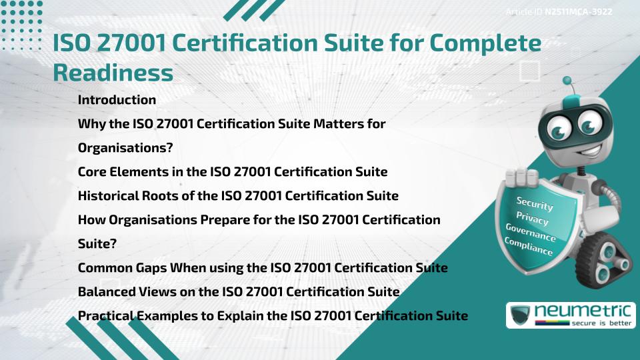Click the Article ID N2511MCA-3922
559,12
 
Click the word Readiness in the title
113,73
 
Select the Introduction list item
117,100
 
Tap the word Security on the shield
535,204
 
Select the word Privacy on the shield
532,217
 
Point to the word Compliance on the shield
529,247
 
